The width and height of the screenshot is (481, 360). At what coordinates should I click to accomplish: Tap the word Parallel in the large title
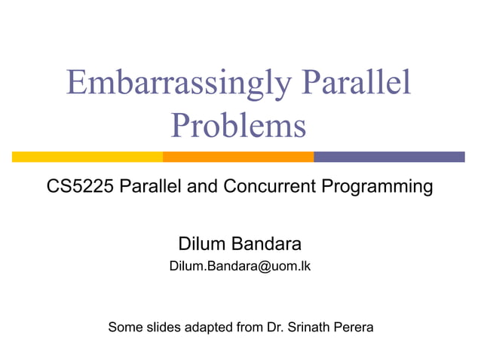[x=357, y=84]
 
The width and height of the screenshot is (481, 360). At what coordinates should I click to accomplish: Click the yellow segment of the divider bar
[x=87, y=157]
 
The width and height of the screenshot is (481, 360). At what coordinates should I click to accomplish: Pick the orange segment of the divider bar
[x=238, y=157]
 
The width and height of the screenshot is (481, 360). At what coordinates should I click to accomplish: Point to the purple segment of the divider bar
[x=389, y=157]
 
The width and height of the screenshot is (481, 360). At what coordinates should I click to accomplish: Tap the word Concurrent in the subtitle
[x=268, y=187]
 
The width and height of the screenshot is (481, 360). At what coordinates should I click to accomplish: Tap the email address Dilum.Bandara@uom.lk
[x=240, y=267]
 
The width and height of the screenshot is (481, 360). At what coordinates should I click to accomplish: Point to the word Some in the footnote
[x=125, y=328]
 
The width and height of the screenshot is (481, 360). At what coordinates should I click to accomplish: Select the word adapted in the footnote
[x=214, y=328]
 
